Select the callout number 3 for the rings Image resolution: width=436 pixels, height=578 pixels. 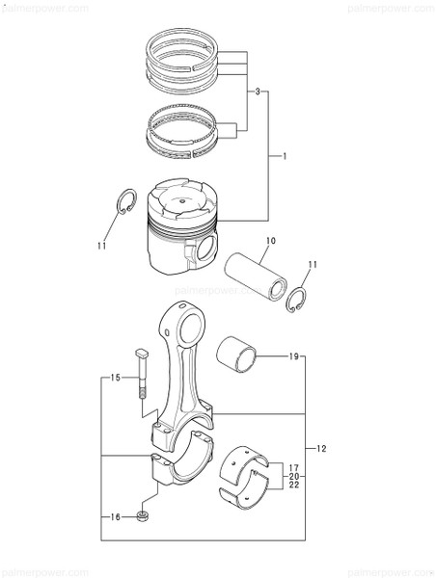pyautogui.click(x=258, y=92)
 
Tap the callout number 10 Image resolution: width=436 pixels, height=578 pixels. pyautogui.click(x=271, y=240)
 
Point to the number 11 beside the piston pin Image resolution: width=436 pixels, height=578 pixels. pyautogui.click(x=312, y=265)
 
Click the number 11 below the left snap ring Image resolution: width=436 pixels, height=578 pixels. pyautogui.click(x=102, y=247)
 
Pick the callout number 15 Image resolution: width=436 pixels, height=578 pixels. pyautogui.click(x=114, y=378)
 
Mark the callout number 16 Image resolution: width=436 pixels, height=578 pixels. pyautogui.click(x=114, y=517)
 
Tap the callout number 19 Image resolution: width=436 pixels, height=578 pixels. pyautogui.click(x=293, y=357)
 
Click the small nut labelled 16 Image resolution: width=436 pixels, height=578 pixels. pyautogui.click(x=143, y=518)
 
